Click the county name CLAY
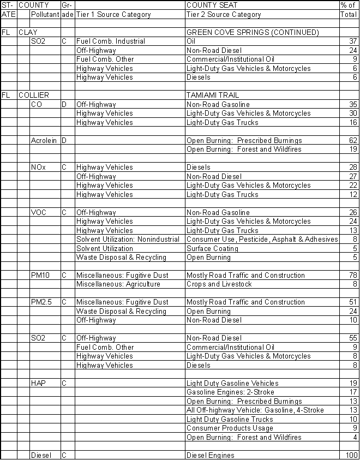click(x=28, y=32)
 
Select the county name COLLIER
click(x=34, y=95)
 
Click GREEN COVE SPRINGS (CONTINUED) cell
click(x=253, y=32)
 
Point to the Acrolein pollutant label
click(x=44, y=140)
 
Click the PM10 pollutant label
click(x=40, y=275)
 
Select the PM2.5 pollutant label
click(x=42, y=302)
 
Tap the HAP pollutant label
click(x=38, y=383)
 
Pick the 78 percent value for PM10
click(x=352, y=275)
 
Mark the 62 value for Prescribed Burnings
click(x=352, y=140)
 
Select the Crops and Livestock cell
click(x=217, y=284)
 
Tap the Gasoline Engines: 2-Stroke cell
click(x=230, y=392)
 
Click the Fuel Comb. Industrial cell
click(x=111, y=41)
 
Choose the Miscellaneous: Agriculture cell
click(x=118, y=284)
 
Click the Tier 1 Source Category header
click(x=113, y=14)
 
